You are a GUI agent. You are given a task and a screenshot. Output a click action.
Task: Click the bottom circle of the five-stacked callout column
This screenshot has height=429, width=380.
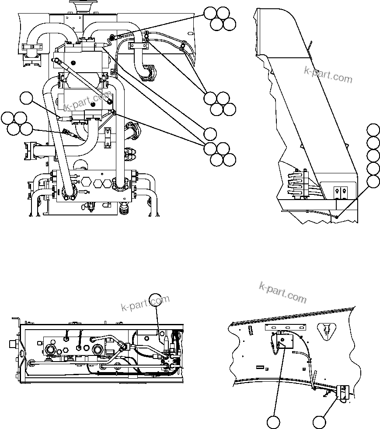click(373, 182)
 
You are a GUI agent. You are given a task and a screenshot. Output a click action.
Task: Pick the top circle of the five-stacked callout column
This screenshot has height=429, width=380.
click(373, 130)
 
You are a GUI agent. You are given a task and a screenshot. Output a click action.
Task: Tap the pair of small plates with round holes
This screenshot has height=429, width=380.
click(340, 190)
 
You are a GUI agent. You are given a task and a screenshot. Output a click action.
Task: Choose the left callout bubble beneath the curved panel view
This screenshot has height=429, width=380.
click(274, 422)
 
